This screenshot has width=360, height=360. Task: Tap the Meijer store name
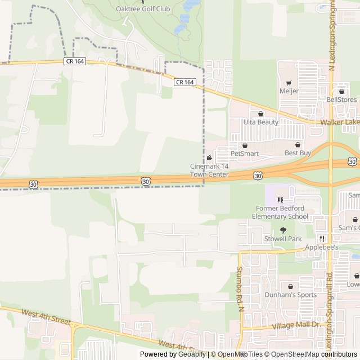(289, 91)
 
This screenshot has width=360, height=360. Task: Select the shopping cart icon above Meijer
(289, 83)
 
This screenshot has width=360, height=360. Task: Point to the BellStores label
(341, 100)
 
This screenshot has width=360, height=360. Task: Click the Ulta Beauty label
(260, 122)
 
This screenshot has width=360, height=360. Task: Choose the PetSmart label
(244, 153)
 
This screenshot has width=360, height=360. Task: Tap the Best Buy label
(298, 153)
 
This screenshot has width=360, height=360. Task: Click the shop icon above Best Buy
(298, 145)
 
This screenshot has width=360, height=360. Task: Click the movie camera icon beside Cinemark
(209, 158)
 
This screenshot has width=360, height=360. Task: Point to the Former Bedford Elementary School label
(280, 213)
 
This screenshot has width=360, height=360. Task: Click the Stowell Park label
(283, 238)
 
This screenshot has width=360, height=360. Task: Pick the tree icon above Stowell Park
(283, 230)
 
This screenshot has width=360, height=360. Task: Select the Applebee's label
(322, 247)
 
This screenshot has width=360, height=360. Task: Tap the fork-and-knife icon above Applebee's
(322, 238)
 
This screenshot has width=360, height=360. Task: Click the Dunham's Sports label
(290, 295)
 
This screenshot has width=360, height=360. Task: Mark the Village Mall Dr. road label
(295, 326)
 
